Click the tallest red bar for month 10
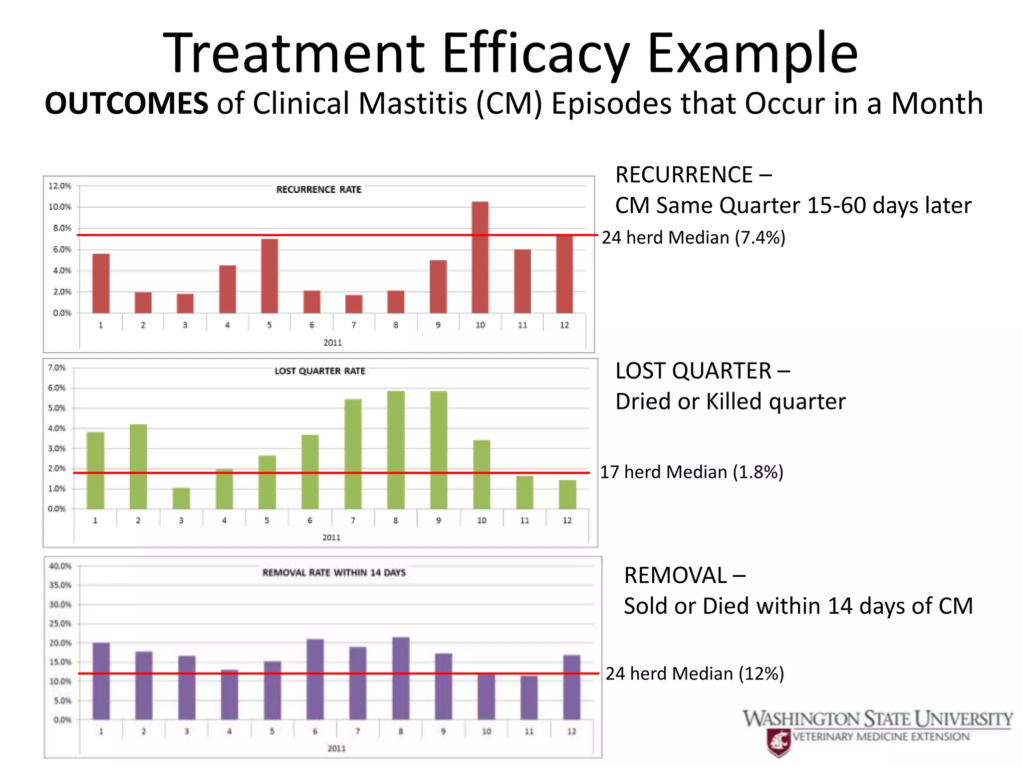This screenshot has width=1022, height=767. coord(480,257)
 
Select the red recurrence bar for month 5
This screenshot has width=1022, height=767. coord(269,276)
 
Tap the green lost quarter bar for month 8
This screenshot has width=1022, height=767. coord(396,449)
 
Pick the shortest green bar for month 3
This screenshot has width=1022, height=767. coord(181,498)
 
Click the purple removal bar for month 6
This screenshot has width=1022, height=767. coord(315,679)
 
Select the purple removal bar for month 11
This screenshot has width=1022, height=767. coord(529,698)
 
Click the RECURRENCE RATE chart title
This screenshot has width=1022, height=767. coord(318,190)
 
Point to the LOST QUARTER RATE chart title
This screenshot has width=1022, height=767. coord(320,371)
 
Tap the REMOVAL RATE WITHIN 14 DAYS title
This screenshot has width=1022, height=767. coord(334,573)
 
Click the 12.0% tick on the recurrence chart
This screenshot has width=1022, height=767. coord(60,186)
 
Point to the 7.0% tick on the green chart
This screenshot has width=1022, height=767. coord(56,368)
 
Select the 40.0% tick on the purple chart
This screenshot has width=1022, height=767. coord(60,566)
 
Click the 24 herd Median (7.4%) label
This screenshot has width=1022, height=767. coord(693,237)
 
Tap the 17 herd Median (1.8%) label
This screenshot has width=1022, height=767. coord(691,472)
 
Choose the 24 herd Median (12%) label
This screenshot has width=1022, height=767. coord(695,674)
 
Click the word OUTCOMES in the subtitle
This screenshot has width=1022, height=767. coord(126,104)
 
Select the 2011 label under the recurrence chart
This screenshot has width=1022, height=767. coord(332,343)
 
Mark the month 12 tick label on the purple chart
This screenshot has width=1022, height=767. coord(571,732)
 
